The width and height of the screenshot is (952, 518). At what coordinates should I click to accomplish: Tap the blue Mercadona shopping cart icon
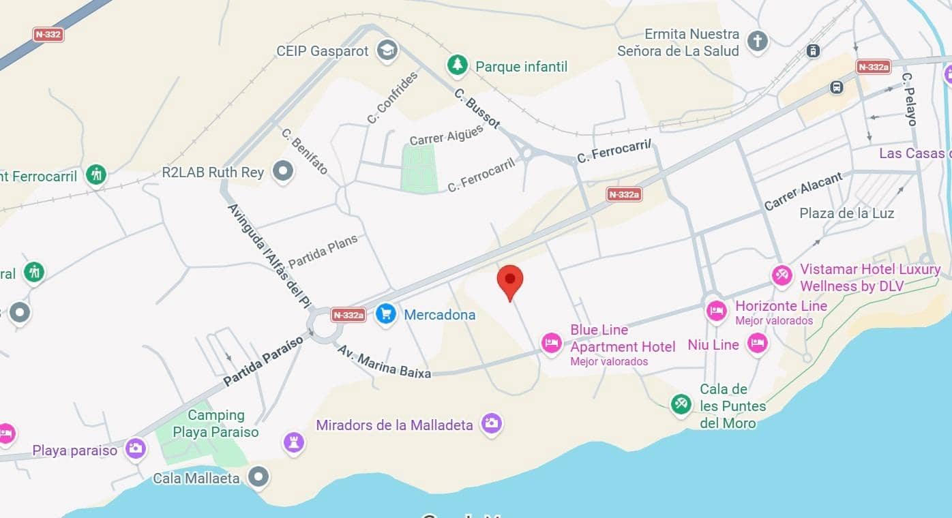pyautogui.click(x=386, y=314)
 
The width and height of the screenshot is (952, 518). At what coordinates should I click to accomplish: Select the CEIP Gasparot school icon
pyautogui.click(x=387, y=50)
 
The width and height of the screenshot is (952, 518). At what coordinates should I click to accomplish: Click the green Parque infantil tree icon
pyautogui.click(x=457, y=65)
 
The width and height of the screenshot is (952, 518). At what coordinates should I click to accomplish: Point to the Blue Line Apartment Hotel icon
pyautogui.click(x=552, y=343)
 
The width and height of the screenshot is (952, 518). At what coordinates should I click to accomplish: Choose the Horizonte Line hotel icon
pyautogui.click(x=716, y=311)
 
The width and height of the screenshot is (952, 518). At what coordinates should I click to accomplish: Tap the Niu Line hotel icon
pyautogui.click(x=757, y=344)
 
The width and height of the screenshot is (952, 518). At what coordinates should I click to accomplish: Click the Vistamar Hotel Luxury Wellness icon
pyautogui.click(x=782, y=275)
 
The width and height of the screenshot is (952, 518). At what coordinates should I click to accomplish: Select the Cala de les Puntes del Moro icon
pyautogui.click(x=681, y=404)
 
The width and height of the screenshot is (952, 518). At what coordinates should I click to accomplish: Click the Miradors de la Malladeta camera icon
pyautogui.click(x=491, y=423)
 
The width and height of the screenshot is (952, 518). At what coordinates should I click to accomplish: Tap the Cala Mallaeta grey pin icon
pyautogui.click(x=258, y=476)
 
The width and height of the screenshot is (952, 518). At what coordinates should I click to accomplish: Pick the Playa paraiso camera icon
pyautogui.click(x=135, y=448)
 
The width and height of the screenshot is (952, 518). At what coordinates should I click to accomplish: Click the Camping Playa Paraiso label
pyautogui.click(x=215, y=423)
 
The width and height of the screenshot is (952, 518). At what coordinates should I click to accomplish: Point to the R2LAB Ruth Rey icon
pyautogui.click(x=282, y=171)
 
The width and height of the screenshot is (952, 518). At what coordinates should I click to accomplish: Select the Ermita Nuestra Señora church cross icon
pyautogui.click(x=757, y=41)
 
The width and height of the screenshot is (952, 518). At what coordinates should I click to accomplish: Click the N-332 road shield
pyautogui.click(x=48, y=34)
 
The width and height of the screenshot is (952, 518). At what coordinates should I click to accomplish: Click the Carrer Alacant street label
pyautogui.click(x=803, y=192)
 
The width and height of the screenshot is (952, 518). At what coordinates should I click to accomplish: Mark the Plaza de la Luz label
pyautogui.click(x=846, y=213)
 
